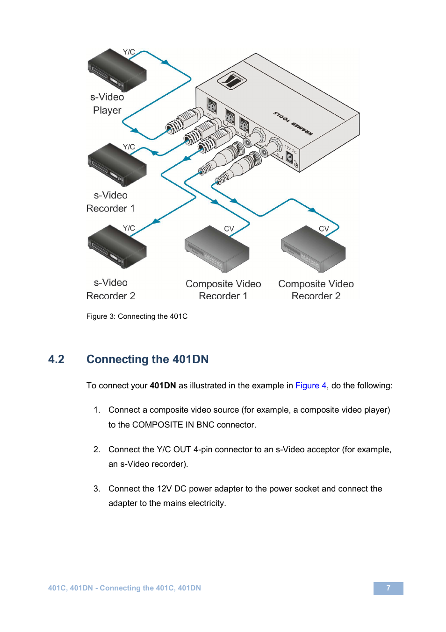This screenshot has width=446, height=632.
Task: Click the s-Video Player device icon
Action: click(x=117, y=71)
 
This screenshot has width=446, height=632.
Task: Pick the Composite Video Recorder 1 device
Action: click(x=216, y=250)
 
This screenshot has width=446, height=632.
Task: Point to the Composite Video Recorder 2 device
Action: click(x=313, y=250)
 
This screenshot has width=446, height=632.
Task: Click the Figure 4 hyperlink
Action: click(x=310, y=386)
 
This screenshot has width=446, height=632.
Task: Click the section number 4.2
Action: click(x=56, y=359)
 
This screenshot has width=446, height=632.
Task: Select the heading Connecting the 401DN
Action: click(x=147, y=359)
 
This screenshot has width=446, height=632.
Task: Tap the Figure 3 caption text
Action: click(x=137, y=316)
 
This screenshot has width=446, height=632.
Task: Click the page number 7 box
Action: click(x=388, y=588)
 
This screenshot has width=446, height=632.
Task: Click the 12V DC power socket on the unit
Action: click(x=290, y=158)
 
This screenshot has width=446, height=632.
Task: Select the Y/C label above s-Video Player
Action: click(x=129, y=52)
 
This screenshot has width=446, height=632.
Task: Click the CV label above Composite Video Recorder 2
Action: click(x=324, y=229)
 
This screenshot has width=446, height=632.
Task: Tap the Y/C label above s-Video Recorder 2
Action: click(x=129, y=228)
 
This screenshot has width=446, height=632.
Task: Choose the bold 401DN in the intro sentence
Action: click(x=163, y=386)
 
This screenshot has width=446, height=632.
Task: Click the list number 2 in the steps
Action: click(x=97, y=449)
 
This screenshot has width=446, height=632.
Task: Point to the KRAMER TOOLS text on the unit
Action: click(x=293, y=124)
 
